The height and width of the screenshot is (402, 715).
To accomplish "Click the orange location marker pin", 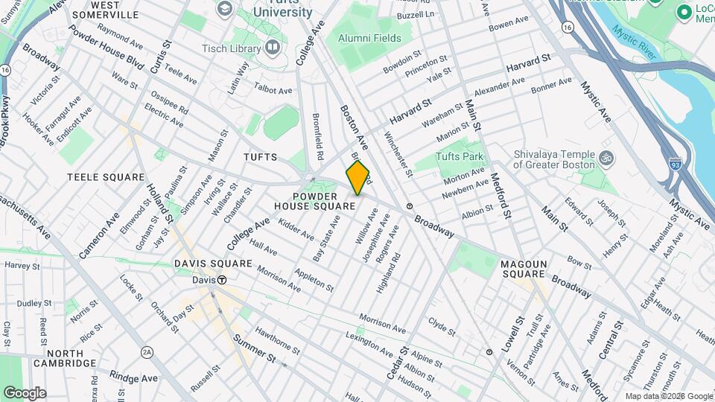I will [358, 178].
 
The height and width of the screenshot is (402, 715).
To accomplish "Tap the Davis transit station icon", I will [222, 280].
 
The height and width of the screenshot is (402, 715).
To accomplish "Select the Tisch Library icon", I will [273, 48].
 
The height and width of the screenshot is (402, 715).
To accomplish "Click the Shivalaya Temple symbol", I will [605, 159].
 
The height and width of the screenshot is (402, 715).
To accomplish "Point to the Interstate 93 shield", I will [675, 162].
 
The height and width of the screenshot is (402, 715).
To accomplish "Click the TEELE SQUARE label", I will [105, 177].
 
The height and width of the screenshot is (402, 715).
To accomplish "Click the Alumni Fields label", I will [369, 38].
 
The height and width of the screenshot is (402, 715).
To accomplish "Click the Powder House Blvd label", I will [106, 46].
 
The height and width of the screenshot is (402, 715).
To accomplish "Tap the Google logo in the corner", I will [25, 392].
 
